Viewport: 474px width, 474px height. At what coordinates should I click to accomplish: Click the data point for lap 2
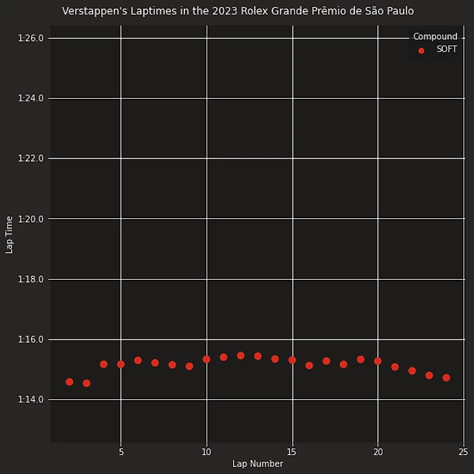click(69, 382)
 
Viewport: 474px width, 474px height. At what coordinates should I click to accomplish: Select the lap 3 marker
click(86, 383)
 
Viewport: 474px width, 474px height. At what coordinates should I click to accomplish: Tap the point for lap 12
click(241, 355)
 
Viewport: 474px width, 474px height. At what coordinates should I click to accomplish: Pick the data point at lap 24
click(446, 377)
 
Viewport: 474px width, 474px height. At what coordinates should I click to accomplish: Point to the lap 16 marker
click(309, 365)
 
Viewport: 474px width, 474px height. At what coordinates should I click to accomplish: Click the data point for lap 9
click(189, 366)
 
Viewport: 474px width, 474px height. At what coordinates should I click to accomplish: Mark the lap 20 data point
click(378, 361)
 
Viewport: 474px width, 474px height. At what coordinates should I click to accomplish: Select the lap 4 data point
click(103, 364)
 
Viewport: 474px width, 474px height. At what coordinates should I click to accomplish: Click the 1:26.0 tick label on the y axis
click(31, 38)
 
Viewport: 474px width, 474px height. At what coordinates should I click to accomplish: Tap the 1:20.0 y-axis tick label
click(31, 219)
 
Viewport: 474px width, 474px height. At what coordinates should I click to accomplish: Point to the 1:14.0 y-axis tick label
click(31, 399)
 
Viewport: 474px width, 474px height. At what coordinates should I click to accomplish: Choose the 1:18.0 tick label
click(31, 279)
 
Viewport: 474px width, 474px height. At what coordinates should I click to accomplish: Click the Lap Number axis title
click(257, 464)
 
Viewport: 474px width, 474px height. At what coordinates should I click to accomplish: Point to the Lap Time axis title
click(9, 234)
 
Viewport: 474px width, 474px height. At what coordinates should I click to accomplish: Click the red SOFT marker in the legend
click(421, 50)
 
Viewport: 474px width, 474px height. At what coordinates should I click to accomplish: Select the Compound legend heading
click(435, 37)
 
